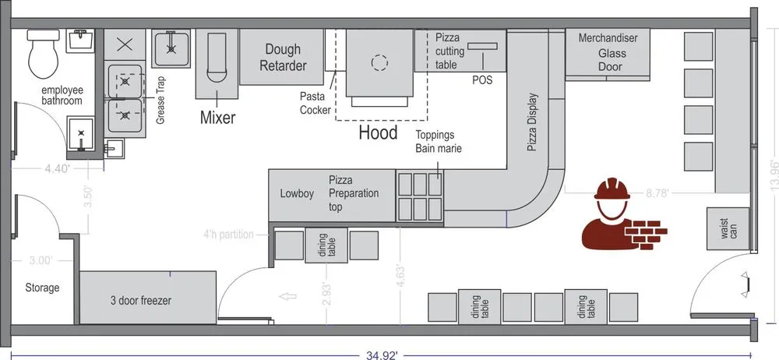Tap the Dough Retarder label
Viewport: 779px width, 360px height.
point(284,57)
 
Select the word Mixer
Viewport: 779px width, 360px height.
point(217,118)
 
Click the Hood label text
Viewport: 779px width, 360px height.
point(378,132)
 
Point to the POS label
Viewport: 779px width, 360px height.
point(482,80)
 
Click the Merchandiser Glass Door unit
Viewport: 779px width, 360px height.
point(608,53)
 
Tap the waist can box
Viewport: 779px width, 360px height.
point(728,229)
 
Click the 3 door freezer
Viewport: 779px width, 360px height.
point(148,298)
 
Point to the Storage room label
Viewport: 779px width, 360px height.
point(42,288)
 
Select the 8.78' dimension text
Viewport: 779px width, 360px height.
point(657,193)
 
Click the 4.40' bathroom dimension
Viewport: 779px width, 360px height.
point(57,168)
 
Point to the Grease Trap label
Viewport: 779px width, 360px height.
point(160,101)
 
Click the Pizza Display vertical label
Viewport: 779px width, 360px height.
point(531,122)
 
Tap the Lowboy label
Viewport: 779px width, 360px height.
point(297,194)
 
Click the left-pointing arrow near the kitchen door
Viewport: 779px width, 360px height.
point(287,297)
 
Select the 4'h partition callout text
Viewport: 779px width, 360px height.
point(228,235)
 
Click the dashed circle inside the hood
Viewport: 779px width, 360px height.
point(379,62)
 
